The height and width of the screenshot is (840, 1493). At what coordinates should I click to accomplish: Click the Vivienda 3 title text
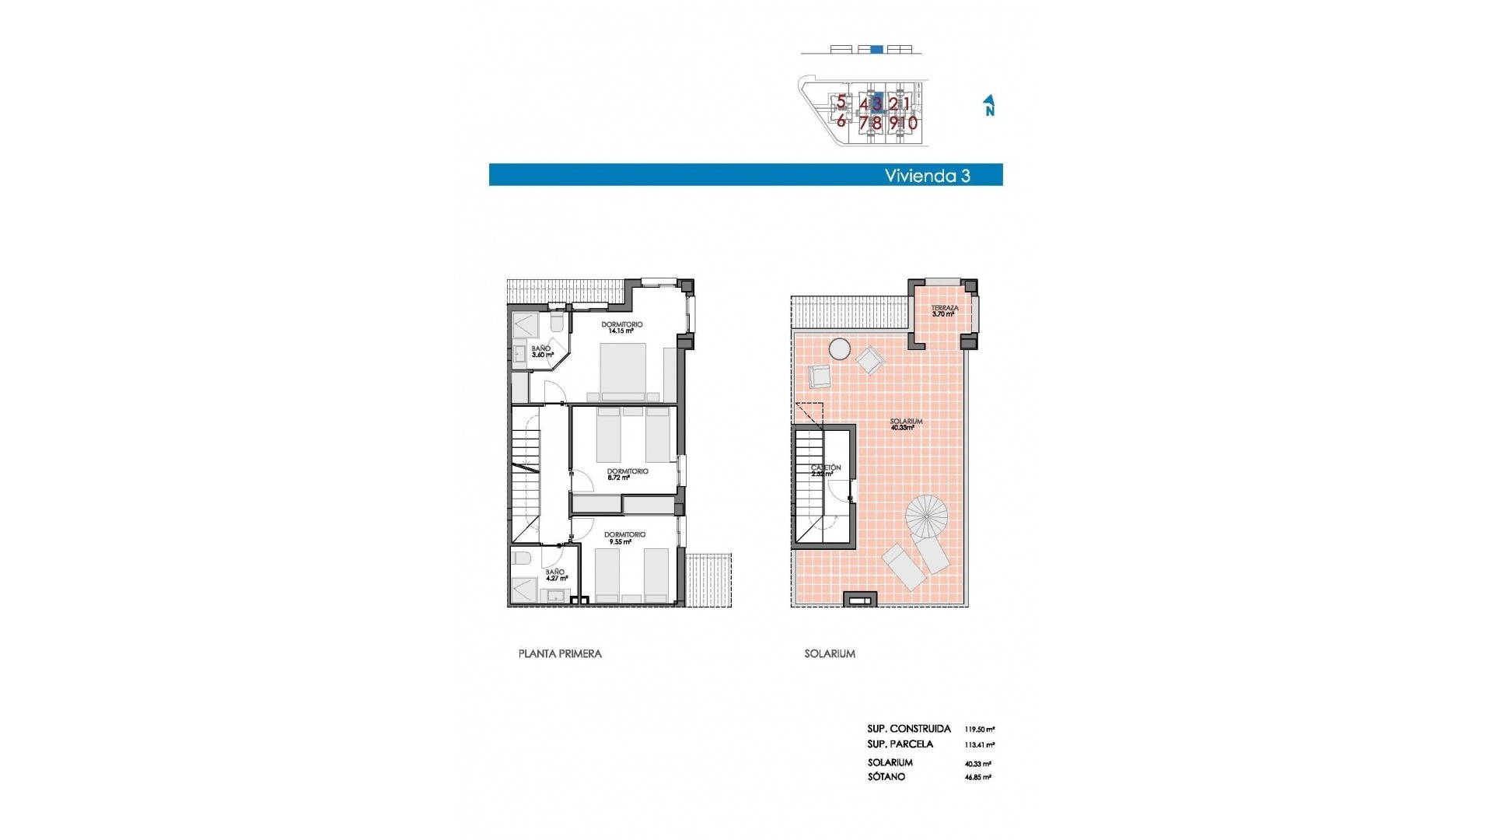click(x=927, y=176)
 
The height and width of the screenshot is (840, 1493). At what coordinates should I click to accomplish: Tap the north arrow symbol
click(x=989, y=106)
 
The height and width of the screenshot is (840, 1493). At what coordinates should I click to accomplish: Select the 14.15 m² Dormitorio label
click(x=621, y=327)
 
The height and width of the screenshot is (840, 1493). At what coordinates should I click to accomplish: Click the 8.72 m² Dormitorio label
click(x=627, y=474)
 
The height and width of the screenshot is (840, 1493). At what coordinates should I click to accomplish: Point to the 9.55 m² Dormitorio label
click(x=624, y=538)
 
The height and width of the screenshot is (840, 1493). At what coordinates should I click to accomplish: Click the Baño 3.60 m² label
click(x=541, y=352)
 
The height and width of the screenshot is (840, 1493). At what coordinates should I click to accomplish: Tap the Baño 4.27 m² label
click(x=556, y=575)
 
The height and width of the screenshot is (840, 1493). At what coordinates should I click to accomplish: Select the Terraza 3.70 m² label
click(x=944, y=311)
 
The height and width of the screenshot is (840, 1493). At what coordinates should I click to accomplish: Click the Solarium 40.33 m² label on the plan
click(x=906, y=424)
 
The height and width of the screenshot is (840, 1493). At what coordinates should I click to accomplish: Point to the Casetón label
click(x=825, y=470)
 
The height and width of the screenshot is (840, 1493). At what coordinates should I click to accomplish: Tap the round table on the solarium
click(x=839, y=349)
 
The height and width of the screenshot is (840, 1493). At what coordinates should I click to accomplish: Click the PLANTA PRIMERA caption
click(x=560, y=654)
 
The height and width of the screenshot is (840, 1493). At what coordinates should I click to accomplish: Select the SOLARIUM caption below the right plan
click(x=830, y=654)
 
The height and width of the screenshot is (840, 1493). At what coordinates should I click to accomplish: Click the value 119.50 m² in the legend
click(x=979, y=730)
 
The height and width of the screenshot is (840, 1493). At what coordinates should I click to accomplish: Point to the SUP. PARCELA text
click(x=900, y=744)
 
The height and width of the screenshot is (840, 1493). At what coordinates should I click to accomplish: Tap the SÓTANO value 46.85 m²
click(x=977, y=777)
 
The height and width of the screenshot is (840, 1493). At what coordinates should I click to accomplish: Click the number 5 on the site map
click(x=841, y=102)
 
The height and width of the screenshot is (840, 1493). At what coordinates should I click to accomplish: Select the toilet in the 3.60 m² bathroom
click(x=557, y=322)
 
